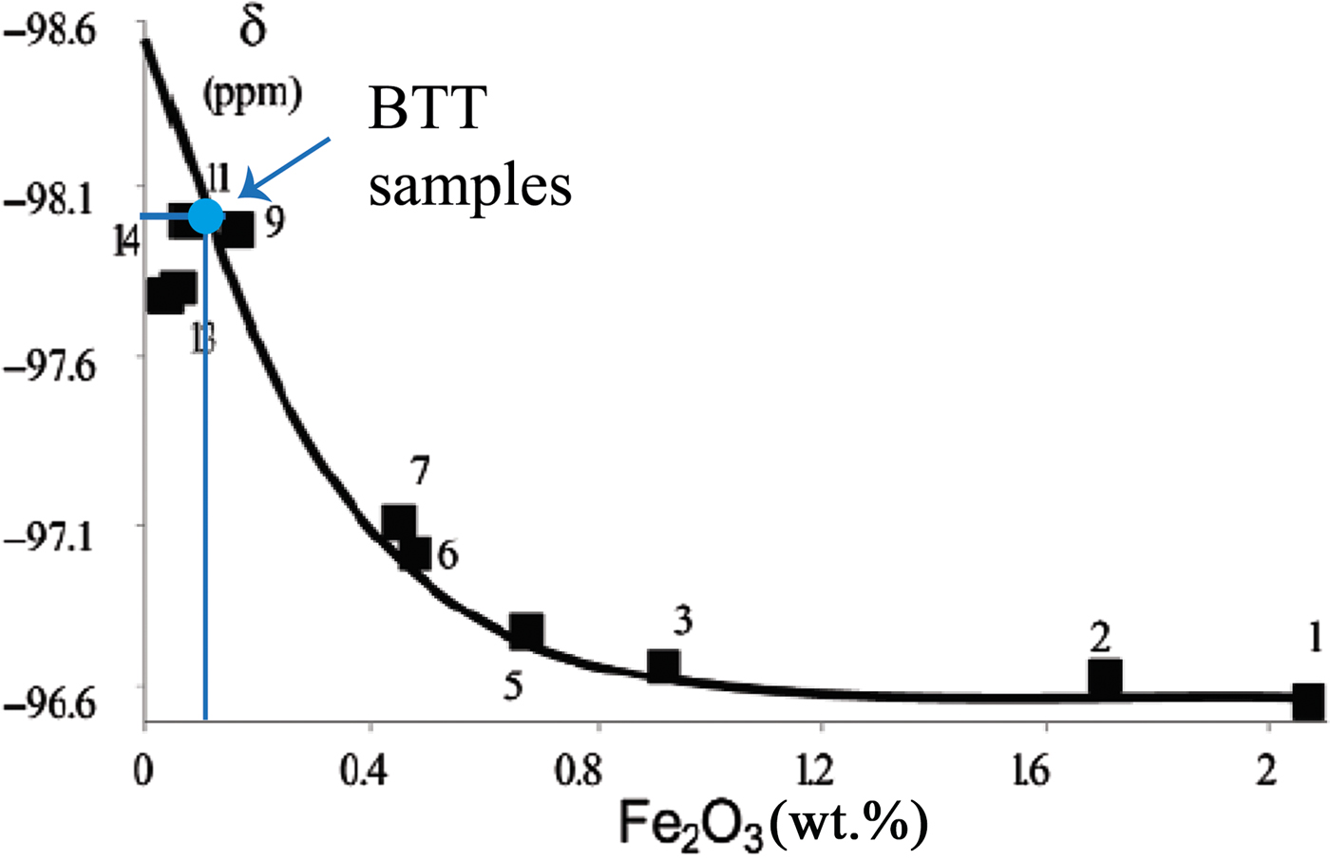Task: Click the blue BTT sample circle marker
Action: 205,216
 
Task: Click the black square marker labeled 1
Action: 1308,701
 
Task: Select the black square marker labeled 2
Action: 1105,677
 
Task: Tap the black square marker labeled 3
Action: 663,666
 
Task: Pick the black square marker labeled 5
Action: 526,630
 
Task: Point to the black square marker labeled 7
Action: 399,521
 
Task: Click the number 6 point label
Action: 447,554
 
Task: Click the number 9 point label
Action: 274,222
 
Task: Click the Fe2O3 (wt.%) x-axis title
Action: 772,823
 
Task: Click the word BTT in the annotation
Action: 427,111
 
